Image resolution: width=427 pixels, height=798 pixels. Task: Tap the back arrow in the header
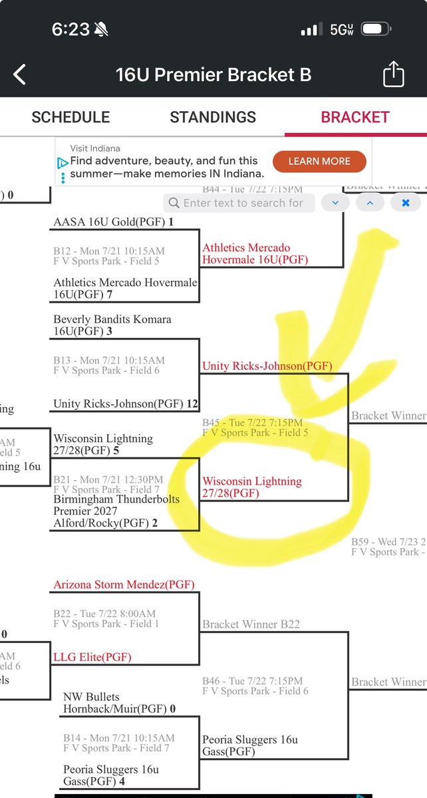20,74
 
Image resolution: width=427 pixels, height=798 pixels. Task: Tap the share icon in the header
394,74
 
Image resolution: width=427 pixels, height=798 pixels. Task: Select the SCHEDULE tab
71,117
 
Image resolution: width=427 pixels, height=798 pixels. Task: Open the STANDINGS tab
213,117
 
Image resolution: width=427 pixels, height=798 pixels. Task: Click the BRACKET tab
355,117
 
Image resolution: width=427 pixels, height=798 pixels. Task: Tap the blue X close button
405,203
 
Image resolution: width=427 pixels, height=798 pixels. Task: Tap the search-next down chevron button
335,203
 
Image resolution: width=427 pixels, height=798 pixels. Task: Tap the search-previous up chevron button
370,203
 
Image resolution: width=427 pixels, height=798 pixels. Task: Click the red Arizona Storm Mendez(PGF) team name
124,585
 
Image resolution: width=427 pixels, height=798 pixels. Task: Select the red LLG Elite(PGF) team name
92,657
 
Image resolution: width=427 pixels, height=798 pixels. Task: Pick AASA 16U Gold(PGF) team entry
113,221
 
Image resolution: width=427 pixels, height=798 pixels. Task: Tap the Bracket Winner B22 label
251,624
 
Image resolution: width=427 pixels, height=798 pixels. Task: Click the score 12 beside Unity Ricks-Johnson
193,404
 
